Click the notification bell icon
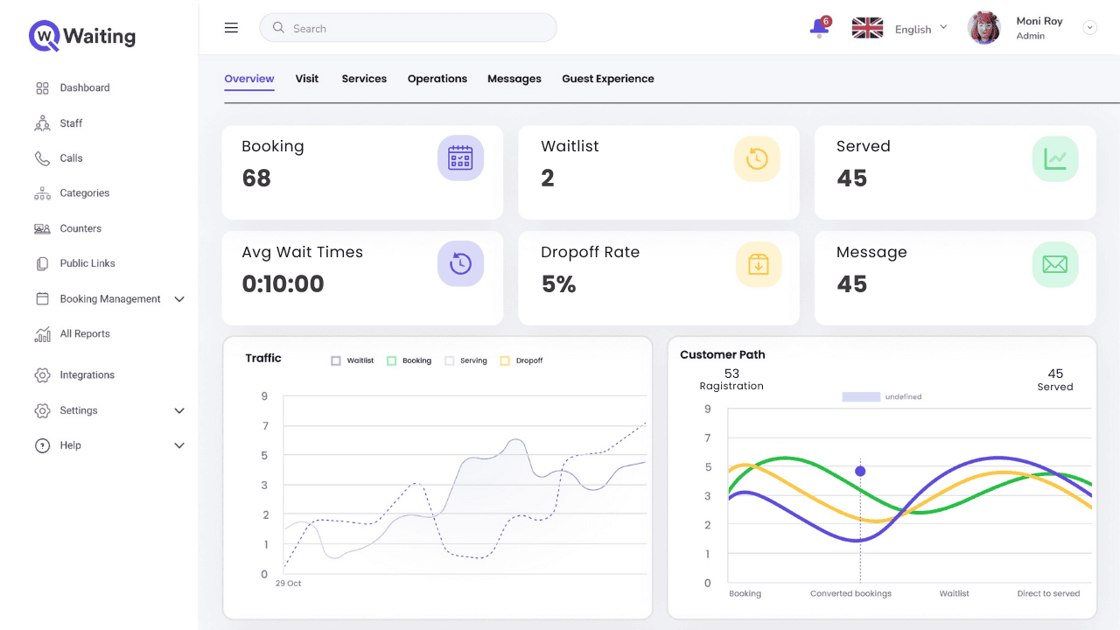pos(819,28)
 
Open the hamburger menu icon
pos(231,28)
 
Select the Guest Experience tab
pos(608,79)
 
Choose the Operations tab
pos(437,79)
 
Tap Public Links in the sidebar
pos(87,263)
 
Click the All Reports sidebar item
pos(85,334)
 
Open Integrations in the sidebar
pos(87,375)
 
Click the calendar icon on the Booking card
pos(460,158)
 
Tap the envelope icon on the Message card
pos(1055,264)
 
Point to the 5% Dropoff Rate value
pos(558,284)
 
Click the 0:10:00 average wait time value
pos(283,284)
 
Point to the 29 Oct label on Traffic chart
pos(288,584)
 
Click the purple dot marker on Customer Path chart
pos(860,472)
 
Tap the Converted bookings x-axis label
pos(850,593)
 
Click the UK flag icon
pos(867,28)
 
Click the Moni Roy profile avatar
pos(983,28)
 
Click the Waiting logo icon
pos(44,36)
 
